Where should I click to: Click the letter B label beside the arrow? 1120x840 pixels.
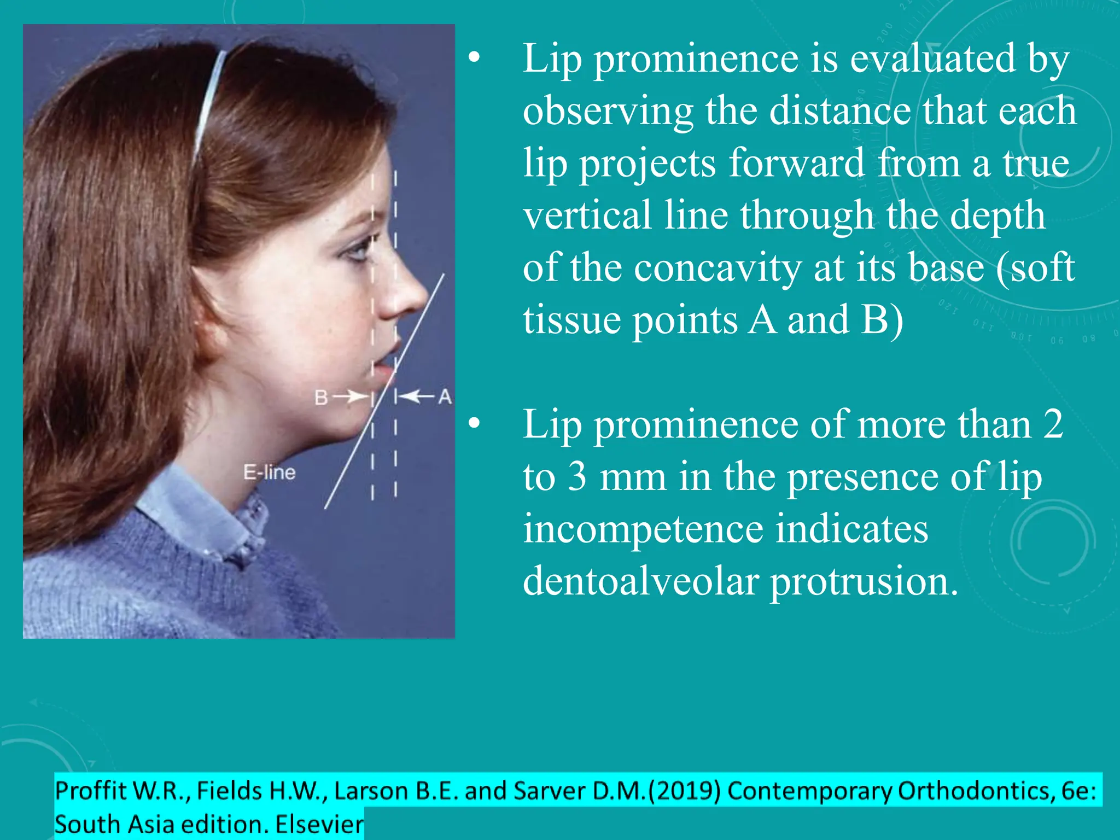pyautogui.click(x=321, y=398)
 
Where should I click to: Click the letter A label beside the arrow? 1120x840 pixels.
pyautogui.click(x=445, y=396)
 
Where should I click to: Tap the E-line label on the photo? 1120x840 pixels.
pyautogui.click(x=269, y=472)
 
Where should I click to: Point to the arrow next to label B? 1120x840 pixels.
pyautogui.click(x=351, y=396)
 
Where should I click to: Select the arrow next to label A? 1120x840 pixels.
pyautogui.click(x=417, y=395)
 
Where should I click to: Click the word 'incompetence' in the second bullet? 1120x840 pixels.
pyautogui.click(x=643, y=529)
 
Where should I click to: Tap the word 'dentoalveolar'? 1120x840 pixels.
pyautogui.click(x=640, y=581)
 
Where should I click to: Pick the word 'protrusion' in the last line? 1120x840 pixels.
pyautogui.click(x=864, y=581)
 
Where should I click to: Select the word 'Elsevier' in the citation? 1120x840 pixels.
pyautogui.click(x=319, y=824)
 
